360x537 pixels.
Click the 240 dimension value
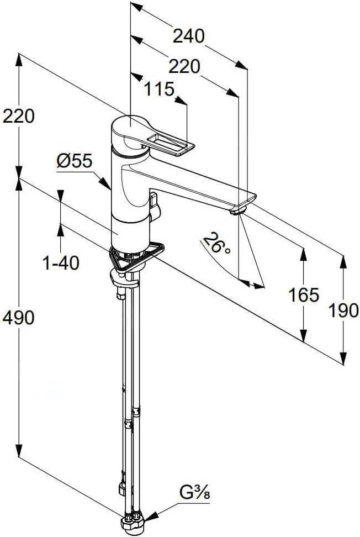188,36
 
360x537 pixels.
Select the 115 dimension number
159,89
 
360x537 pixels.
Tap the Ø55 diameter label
75,161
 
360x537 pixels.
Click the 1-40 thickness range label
61,263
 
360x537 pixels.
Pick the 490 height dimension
18,318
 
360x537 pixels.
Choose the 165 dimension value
304,294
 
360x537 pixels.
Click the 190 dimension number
343,310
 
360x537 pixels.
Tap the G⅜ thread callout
195,493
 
